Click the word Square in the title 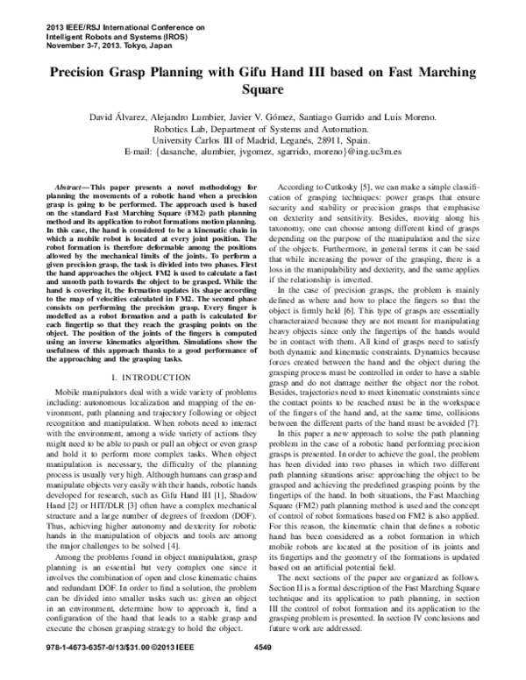[263, 89]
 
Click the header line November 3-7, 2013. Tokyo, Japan [97, 45]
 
